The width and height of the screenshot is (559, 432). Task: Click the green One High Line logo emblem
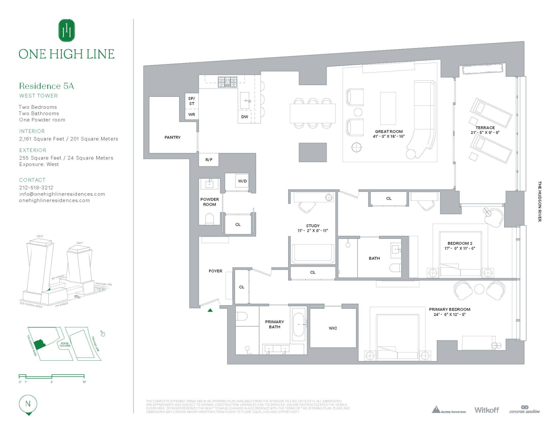(67, 30)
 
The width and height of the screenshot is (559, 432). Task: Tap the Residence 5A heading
(47, 86)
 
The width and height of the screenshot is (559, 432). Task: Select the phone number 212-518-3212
(36, 187)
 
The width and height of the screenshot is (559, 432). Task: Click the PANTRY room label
(172, 137)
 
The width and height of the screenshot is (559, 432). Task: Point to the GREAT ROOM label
(389, 132)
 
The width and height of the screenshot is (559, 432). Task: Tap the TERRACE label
(485, 128)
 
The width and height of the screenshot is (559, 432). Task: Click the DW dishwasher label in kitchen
(245, 117)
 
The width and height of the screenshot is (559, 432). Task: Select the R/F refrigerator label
(209, 160)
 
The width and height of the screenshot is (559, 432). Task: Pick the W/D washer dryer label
(242, 181)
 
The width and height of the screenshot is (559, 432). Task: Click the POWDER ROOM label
(210, 202)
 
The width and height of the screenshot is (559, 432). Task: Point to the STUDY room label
(313, 226)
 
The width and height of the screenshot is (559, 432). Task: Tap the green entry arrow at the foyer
(210, 310)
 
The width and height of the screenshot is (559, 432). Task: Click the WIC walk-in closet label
(333, 328)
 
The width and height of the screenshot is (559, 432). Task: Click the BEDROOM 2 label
(460, 244)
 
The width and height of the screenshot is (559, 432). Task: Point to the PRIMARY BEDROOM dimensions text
(449, 314)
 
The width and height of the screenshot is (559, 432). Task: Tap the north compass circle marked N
(28, 404)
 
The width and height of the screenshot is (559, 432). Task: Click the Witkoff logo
(486, 410)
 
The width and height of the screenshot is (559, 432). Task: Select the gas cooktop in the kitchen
(227, 82)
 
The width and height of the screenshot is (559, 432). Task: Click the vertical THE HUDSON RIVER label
(539, 201)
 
